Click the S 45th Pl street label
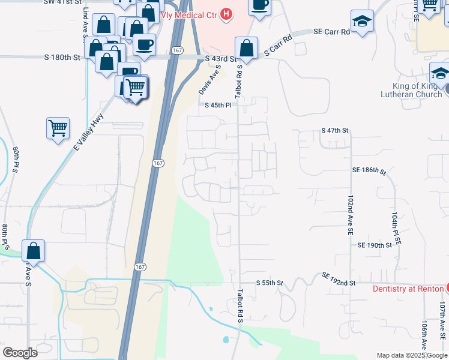217,105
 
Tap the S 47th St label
335,130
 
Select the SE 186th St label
369,171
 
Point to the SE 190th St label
375,245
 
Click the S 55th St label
269,282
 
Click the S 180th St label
62,58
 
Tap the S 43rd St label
220,59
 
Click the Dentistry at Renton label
408,289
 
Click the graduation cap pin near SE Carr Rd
363,22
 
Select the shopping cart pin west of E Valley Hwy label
58,128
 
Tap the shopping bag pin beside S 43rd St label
246,47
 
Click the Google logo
20,352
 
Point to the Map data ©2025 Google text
412,355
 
